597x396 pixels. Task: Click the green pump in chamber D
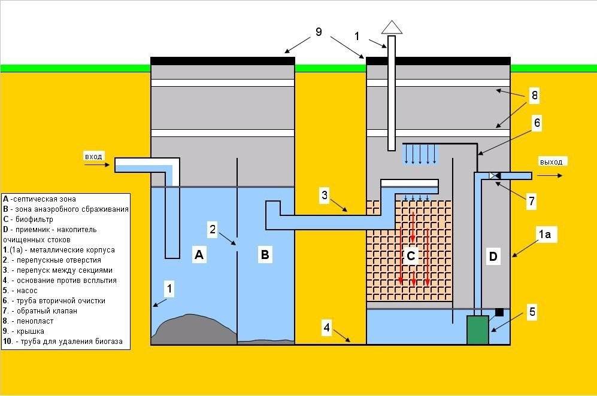click(x=478, y=330)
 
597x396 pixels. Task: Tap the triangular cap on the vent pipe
click(x=392, y=27)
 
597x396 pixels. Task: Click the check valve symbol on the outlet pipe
click(x=493, y=176)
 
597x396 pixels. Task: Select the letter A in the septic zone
click(x=199, y=255)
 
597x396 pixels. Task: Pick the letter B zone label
click(x=265, y=255)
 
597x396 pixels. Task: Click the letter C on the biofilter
click(x=411, y=257)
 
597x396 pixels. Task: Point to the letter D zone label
click(x=493, y=257)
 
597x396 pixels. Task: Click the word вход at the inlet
click(x=94, y=157)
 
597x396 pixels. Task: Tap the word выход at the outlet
click(x=551, y=162)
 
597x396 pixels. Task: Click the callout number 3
click(x=324, y=195)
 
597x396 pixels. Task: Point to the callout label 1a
click(x=544, y=235)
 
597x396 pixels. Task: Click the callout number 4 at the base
click(x=326, y=328)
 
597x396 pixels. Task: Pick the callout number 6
click(x=537, y=123)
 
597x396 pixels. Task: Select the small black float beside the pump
click(x=499, y=312)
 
